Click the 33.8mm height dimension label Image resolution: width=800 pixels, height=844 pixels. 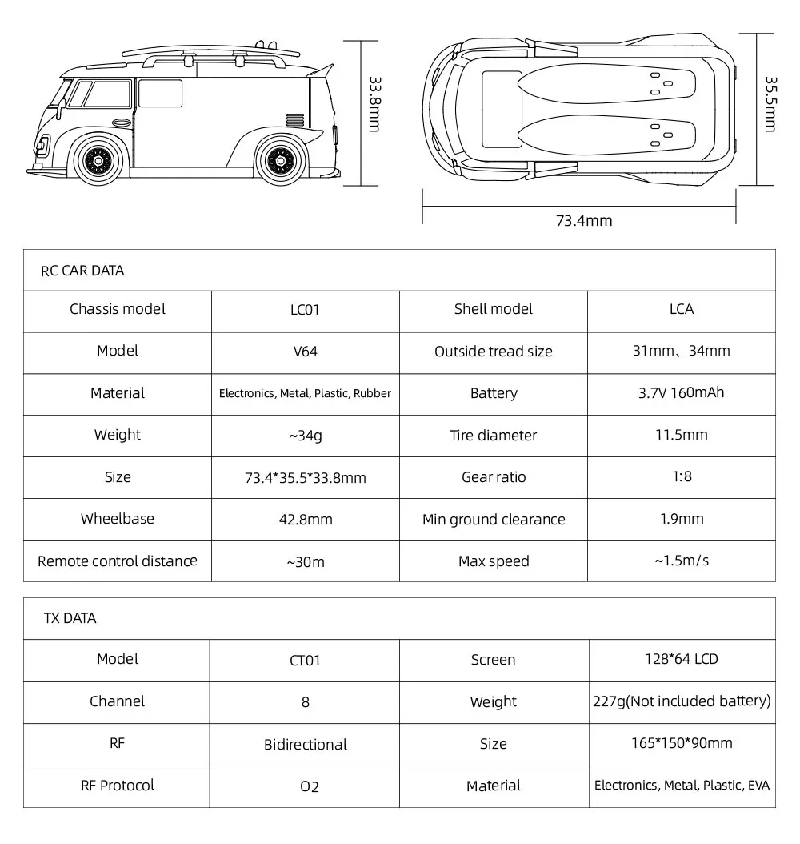(x=374, y=104)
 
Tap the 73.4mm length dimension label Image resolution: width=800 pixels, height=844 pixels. (x=583, y=220)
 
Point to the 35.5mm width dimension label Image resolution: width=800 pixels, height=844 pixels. (x=770, y=105)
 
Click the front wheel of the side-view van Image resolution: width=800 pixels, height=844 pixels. (x=98, y=160)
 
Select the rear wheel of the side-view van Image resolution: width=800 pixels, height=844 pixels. (x=281, y=160)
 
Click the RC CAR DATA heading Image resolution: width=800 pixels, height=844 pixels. (x=82, y=271)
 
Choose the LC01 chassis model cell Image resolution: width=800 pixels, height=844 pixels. (x=305, y=310)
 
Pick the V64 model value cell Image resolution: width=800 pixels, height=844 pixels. (x=305, y=352)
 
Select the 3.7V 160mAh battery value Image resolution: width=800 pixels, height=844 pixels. (x=682, y=392)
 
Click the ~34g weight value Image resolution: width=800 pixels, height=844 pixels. (x=305, y=436)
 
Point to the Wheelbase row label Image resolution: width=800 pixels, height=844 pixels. (x=117, y=519)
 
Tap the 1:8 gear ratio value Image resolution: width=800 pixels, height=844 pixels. (x=682, y=476)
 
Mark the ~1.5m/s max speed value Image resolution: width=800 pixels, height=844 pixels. (x=682, y=561)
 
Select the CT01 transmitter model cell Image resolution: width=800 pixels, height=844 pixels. (x=305, y=661)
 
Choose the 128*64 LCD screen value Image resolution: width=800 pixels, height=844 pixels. (x=682, y=659)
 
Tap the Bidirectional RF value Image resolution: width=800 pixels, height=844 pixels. (x=305, y=745)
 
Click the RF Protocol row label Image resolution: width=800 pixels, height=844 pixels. (x=117, y=786)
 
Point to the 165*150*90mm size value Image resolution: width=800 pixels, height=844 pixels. (x=682, y=743)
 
